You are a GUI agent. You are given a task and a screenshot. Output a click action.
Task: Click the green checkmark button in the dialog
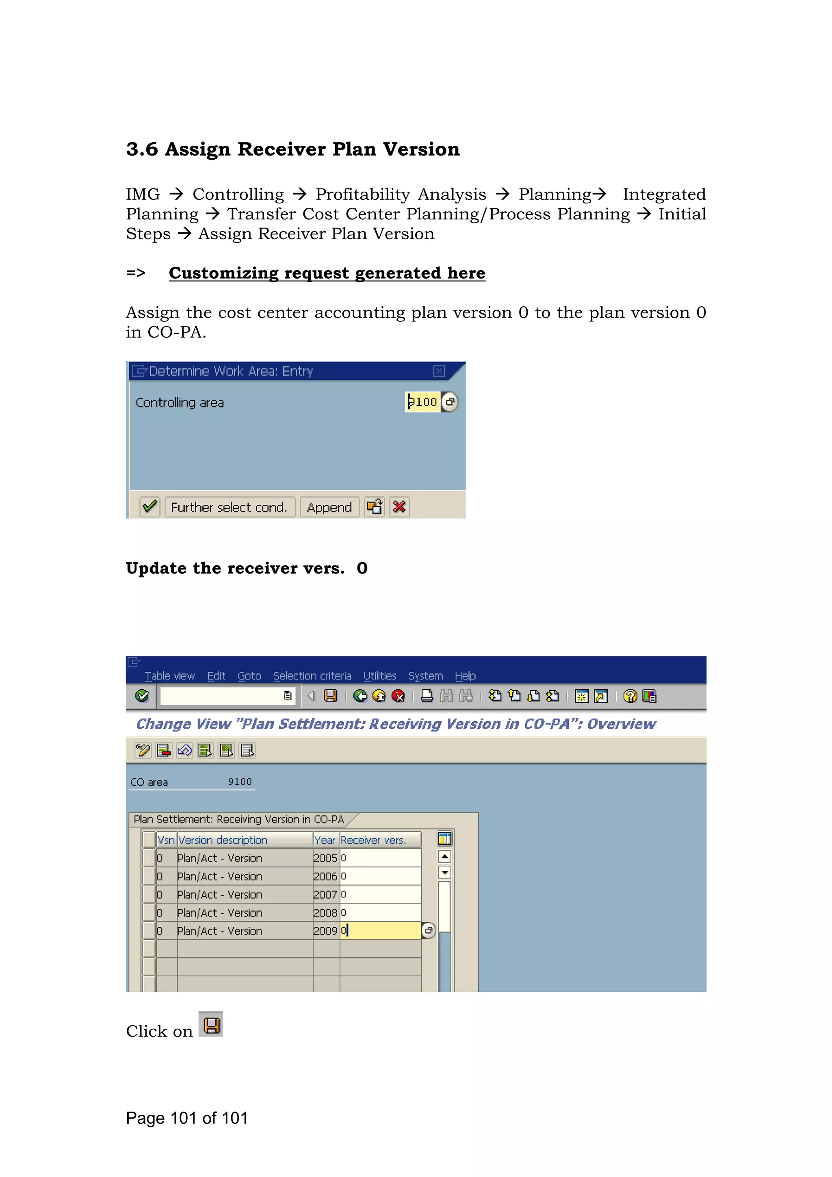[x=149, y=507]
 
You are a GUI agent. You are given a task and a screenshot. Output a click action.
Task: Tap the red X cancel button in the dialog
[x=399, y=507]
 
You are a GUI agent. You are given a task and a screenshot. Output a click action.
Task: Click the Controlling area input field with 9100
[x=422, y=402]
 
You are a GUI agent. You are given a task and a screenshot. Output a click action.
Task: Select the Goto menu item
[x=249, y=676]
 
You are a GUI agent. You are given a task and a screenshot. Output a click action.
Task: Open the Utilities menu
[x=379, y=676]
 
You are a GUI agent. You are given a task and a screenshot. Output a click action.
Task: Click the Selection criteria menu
[x=312, y=676]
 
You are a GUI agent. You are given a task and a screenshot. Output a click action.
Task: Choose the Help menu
[x=465, y=676]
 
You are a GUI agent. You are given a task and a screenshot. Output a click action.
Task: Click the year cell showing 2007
[x=325, y=895]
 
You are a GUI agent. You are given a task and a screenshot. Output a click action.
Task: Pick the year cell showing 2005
[x=325, y=858]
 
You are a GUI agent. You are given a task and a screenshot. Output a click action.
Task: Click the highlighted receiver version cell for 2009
[x=380, y=930]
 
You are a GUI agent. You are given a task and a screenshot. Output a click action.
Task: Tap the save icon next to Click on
[x=211, y=1025]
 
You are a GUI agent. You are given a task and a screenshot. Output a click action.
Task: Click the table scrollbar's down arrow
[x=444, y=872]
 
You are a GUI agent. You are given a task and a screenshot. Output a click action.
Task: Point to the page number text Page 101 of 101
[x=187, y=1118]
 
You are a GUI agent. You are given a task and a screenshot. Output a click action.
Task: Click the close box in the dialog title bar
[x=439, y=371]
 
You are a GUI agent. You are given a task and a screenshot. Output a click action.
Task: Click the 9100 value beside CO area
[x=239, y=782]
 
